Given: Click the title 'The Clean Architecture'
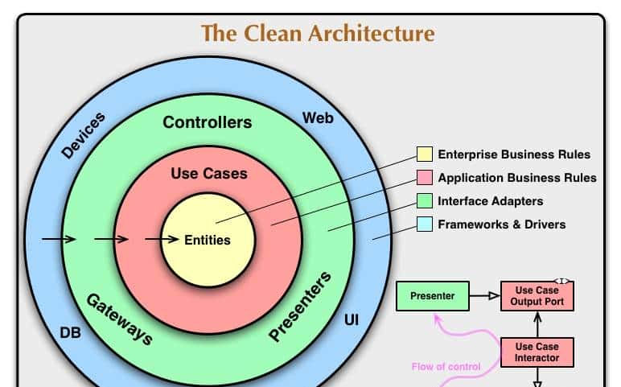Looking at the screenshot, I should tap(317, 34).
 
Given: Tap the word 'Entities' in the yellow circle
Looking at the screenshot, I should tap(208, 240).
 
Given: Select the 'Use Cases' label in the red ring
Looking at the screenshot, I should tap(209, 173).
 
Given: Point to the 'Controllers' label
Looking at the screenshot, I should tap(207, 122).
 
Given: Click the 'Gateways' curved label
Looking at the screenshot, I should tap(119, 319).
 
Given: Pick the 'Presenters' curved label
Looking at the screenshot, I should tap(300, 307).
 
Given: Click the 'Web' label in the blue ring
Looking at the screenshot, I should tap(318, 118).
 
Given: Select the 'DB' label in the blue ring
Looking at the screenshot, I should tap(71, 332).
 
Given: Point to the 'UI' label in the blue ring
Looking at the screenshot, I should tap(352, 319).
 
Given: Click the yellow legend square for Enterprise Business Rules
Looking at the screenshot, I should tap(424, 154).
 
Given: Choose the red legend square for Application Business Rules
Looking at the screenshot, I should tap(424, 178).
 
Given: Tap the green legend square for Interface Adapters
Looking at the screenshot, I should tap(424, 201).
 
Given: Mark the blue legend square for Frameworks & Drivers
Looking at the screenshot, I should tap(424, 224).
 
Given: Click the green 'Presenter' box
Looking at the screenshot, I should tap(432, 296).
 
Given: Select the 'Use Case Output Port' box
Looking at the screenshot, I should tap(537, 296).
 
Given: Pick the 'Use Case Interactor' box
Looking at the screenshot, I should tap(537, 352).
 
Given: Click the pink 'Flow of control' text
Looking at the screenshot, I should tap(446, 367).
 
